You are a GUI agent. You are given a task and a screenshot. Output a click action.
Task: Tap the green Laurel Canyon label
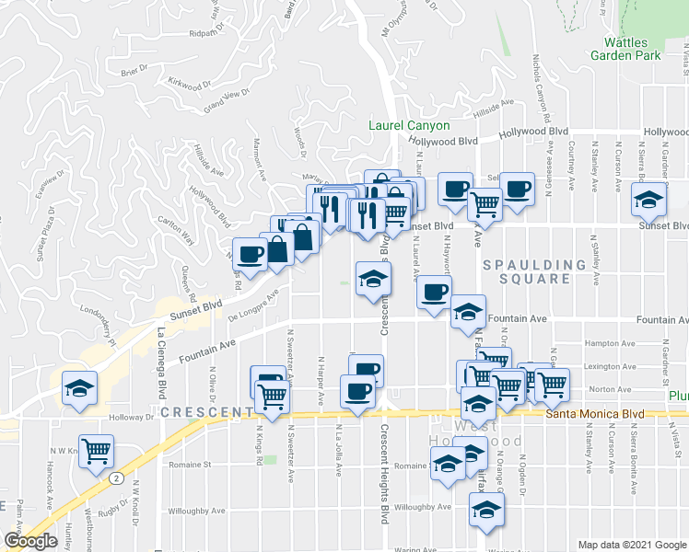409,125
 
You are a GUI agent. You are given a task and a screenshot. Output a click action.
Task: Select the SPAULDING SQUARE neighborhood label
543,271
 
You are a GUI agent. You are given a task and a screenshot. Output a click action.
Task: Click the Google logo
31,541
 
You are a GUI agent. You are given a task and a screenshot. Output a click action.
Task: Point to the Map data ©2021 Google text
631,545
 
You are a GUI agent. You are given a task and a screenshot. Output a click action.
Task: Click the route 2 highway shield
117,478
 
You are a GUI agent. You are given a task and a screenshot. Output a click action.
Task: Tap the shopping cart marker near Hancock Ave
96,450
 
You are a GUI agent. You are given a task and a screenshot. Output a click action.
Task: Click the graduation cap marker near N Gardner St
648,200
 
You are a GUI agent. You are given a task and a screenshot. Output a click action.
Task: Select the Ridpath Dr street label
207,33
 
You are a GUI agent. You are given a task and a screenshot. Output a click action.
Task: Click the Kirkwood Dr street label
190,84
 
